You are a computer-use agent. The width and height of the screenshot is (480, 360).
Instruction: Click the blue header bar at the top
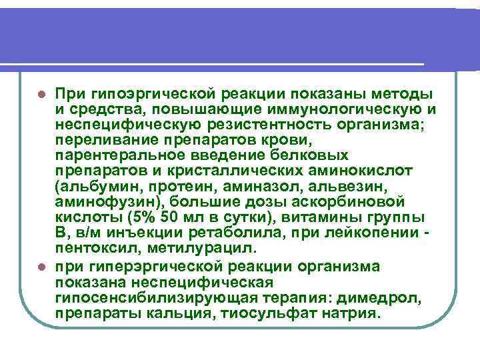(240, 33)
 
